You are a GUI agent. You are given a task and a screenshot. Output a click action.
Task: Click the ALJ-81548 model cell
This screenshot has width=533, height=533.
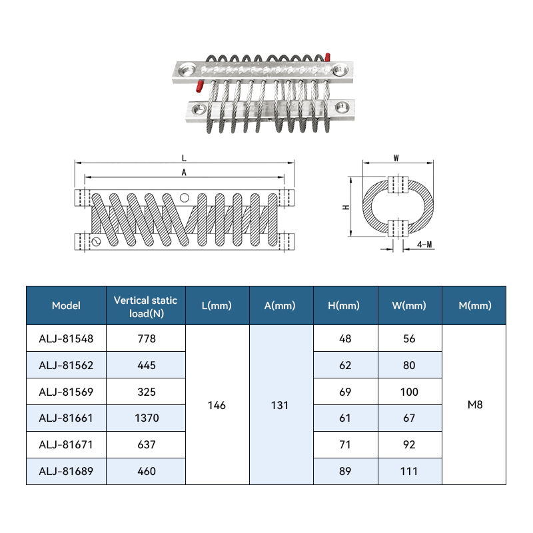[x=66, y=338]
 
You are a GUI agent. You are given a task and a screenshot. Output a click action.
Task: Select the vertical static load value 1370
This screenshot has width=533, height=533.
[x=147, y=418]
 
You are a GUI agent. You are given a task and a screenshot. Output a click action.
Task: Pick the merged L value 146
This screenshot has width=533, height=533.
[x=217, y=405]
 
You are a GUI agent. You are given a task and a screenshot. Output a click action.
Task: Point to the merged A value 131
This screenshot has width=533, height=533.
[x=280, y=405]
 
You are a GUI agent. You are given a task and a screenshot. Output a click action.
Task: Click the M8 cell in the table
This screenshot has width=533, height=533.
[x=475, y=404]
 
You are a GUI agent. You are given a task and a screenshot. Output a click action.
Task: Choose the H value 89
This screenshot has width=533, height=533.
[x=345, y=471]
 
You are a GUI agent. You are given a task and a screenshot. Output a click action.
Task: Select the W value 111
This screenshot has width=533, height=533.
[x=409, y=471]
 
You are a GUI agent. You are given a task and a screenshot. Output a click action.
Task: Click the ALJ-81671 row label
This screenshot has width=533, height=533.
[x=66, y=444]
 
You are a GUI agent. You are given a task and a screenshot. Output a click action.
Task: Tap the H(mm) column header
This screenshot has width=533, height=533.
[x=344, y=306]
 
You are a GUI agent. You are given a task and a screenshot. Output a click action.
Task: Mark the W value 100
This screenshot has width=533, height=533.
[x=409, y=392]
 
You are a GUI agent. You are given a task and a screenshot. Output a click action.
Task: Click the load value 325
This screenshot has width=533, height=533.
[x=147, y=392]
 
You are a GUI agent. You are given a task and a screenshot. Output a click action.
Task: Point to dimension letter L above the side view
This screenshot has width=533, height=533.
[x=184, y=158]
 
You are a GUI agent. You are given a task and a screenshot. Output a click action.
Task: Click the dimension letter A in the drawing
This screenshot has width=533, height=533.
[x=184, y=173]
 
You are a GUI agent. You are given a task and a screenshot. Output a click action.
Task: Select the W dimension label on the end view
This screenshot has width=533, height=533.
[x=396, y=158]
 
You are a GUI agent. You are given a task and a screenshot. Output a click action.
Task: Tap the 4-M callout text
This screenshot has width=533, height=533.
[x=424, y=245]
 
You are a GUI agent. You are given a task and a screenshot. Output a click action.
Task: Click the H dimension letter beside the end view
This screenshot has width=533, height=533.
[x=346, y=207]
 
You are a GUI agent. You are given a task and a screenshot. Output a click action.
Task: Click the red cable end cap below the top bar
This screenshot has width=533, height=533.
[x=199, y=87]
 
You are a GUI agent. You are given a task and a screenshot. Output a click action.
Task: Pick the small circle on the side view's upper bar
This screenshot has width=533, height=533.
[x=185, y=197]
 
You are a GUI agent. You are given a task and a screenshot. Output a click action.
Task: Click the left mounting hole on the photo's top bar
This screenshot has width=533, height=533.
[x=187, y=71]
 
